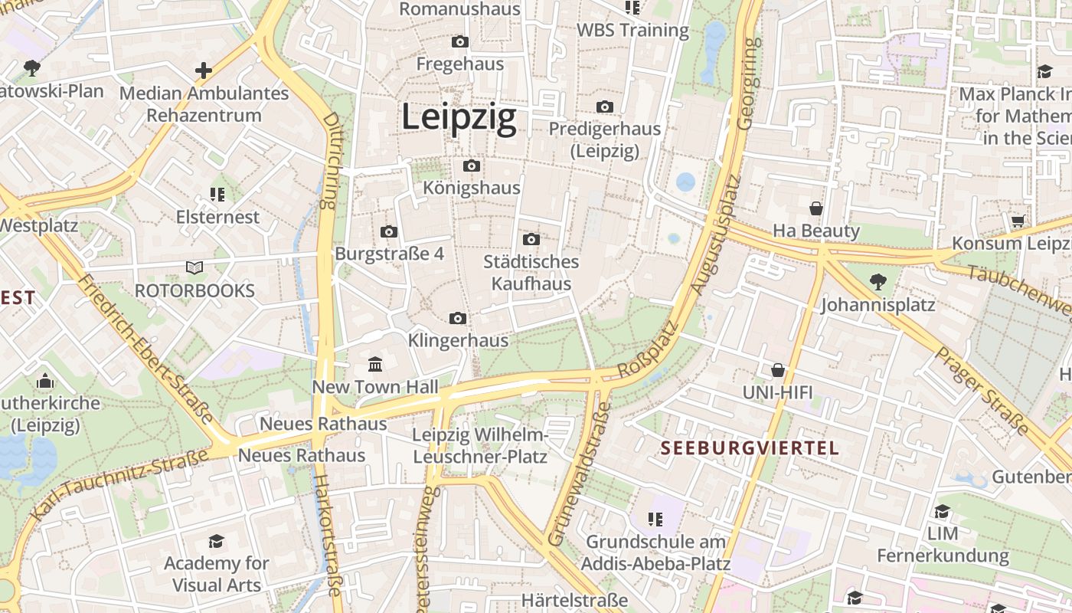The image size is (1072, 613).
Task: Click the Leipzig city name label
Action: pyautogui.click(x=459, y=118)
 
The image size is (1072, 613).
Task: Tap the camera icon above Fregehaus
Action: pyautogui.click(x=460, y=41)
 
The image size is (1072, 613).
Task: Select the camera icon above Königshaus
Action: pyautogui.click(x=472, y=166)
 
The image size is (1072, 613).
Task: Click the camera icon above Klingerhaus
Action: pyautogui.click(x=458, y=318)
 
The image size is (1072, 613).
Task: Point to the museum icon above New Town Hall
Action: pyautogui.click(x=375, y=364)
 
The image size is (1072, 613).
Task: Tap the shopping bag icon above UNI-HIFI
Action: pyautogui.click(x=778, y=371)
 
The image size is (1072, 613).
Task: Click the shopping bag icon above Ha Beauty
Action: pyautogui.click(x=816, y=208)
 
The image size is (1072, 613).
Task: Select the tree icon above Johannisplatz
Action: pyautogui.click(x=878, y=282)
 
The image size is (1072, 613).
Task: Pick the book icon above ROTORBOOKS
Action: pyautogui.click(x=194, y=268)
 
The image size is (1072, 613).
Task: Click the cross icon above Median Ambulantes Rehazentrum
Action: pyautogui.click(x=204, y=71)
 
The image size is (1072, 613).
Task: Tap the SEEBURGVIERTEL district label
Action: pyautogui.click(x=750, y=448)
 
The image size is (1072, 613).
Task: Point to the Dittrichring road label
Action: pyautogui.click(x=330, y=161)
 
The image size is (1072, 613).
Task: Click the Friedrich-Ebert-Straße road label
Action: pyautogui.click(x=145, y=349)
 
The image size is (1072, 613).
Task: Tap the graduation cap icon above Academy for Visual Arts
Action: pyautogui.click(x=217, y=541)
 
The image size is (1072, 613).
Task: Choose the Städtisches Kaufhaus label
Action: pyautogui.click(x=531, y=273)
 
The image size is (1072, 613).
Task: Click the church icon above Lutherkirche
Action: pyautogui.click(x=45, y=381)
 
